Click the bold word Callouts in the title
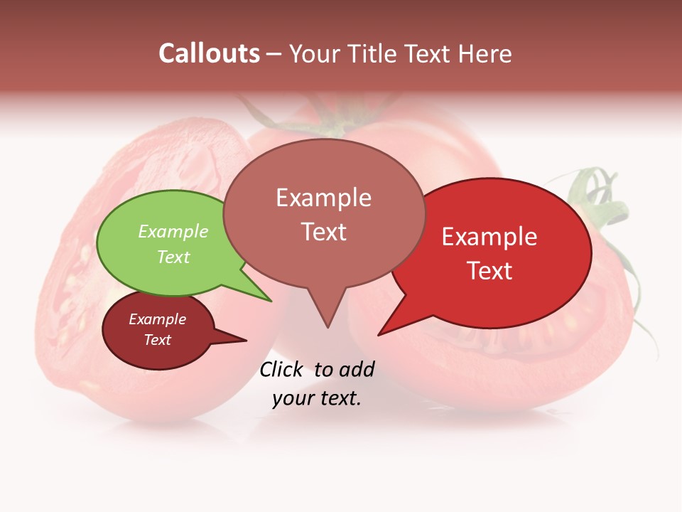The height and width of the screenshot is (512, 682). [x=209, y=53]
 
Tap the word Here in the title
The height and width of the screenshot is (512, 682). [x=486, y=53]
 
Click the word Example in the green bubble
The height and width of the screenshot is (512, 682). [x=173, y=231]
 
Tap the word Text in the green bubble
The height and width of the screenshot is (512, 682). [x=173, y=257]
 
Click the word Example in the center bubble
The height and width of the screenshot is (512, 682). [x=323, y=198]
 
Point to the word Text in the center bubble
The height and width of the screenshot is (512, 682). [x=324, y=232]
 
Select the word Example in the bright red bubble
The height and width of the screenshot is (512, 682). [x=489, y=237]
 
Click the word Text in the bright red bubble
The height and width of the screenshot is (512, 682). [x=490, y=271]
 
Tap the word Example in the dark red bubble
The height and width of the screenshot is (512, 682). [x=157, y=319]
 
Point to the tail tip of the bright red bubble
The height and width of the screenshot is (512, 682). [x=380, y=334]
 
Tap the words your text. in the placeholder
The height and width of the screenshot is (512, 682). [x=317, y=398]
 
